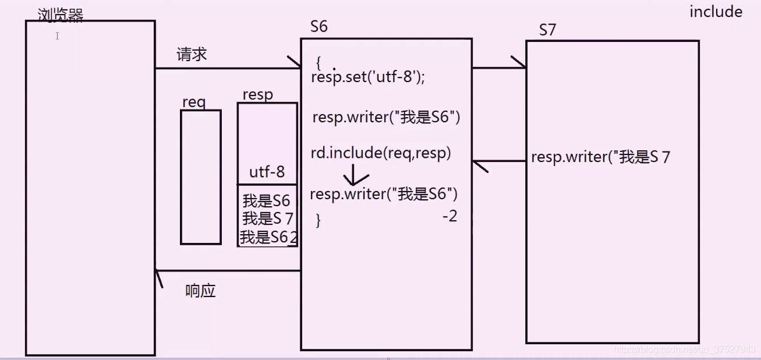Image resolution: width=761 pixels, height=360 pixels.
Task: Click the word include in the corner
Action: coord(716,12)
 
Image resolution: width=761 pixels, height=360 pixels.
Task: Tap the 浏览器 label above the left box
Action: coord(61,15)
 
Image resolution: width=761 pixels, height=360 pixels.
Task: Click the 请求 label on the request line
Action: coord(192,55)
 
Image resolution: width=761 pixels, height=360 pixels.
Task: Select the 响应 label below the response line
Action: coord(200,291)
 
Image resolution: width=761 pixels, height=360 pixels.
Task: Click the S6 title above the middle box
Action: coord(319,27)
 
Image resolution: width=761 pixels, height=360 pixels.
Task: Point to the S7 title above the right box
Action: coord(547,30)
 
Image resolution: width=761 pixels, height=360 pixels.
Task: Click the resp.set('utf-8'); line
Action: coord(368,77)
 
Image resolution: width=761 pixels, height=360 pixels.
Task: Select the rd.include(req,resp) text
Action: coord(381,153)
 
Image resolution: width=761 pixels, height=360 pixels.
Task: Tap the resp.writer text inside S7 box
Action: coord(600,157)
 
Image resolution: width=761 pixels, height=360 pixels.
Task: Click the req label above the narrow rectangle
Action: coord(194,102)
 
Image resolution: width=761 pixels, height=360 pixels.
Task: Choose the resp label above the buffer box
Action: coord(257,94)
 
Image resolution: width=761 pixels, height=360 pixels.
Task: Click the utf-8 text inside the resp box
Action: coord(267,172)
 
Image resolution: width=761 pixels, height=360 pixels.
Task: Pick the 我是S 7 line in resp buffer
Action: coord(267,219)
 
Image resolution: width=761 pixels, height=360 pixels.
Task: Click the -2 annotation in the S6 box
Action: coord(449,216)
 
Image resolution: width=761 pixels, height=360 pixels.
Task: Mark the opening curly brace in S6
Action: coord(318,62)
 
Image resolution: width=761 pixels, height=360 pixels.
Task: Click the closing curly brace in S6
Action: coord(318,220)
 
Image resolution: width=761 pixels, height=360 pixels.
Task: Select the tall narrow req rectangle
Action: coord(200,177)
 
